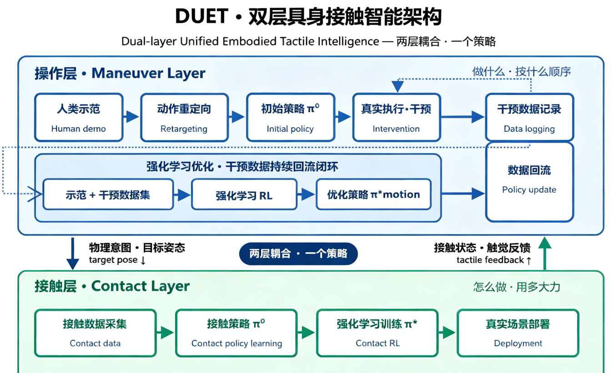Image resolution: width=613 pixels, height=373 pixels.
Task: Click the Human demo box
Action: coord(79,117)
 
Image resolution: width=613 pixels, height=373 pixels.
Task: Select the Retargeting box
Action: coord(185,117)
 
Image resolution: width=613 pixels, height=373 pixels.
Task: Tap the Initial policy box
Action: coord(291,117)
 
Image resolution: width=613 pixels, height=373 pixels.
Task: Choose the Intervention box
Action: coord(397,117)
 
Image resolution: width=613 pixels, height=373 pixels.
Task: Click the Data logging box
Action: coord(529,117)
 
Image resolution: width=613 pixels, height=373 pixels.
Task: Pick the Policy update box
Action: coord(529,182)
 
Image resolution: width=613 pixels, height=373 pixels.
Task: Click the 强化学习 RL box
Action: coord(244,194)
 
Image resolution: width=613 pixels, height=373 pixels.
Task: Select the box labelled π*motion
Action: coord(373,194)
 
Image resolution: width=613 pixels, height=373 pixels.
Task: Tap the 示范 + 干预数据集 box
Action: coord(108,194)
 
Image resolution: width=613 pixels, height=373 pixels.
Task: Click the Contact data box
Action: coord(95,333)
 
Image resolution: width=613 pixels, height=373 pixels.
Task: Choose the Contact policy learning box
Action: coord(236,333)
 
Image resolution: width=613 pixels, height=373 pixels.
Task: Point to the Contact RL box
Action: coord(377,333)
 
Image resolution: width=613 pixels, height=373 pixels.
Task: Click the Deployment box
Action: coord(518,333)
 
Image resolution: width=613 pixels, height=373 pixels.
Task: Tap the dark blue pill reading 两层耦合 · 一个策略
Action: coord(298,254)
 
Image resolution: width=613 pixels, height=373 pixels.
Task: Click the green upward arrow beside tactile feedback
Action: coord(545,253)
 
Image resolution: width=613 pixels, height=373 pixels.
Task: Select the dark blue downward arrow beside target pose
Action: coord(72,254)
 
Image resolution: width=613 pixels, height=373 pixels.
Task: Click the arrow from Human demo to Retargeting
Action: coord(131,117)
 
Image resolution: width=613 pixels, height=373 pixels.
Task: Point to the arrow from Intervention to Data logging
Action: coord(463,117)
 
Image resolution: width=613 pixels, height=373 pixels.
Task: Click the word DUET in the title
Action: coord(202,16)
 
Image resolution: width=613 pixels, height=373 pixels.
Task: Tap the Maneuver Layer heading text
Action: coord(148,73)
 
